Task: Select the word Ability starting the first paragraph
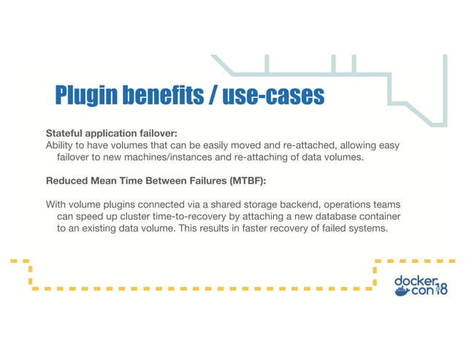point(61,145)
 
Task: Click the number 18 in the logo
point(441,290)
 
